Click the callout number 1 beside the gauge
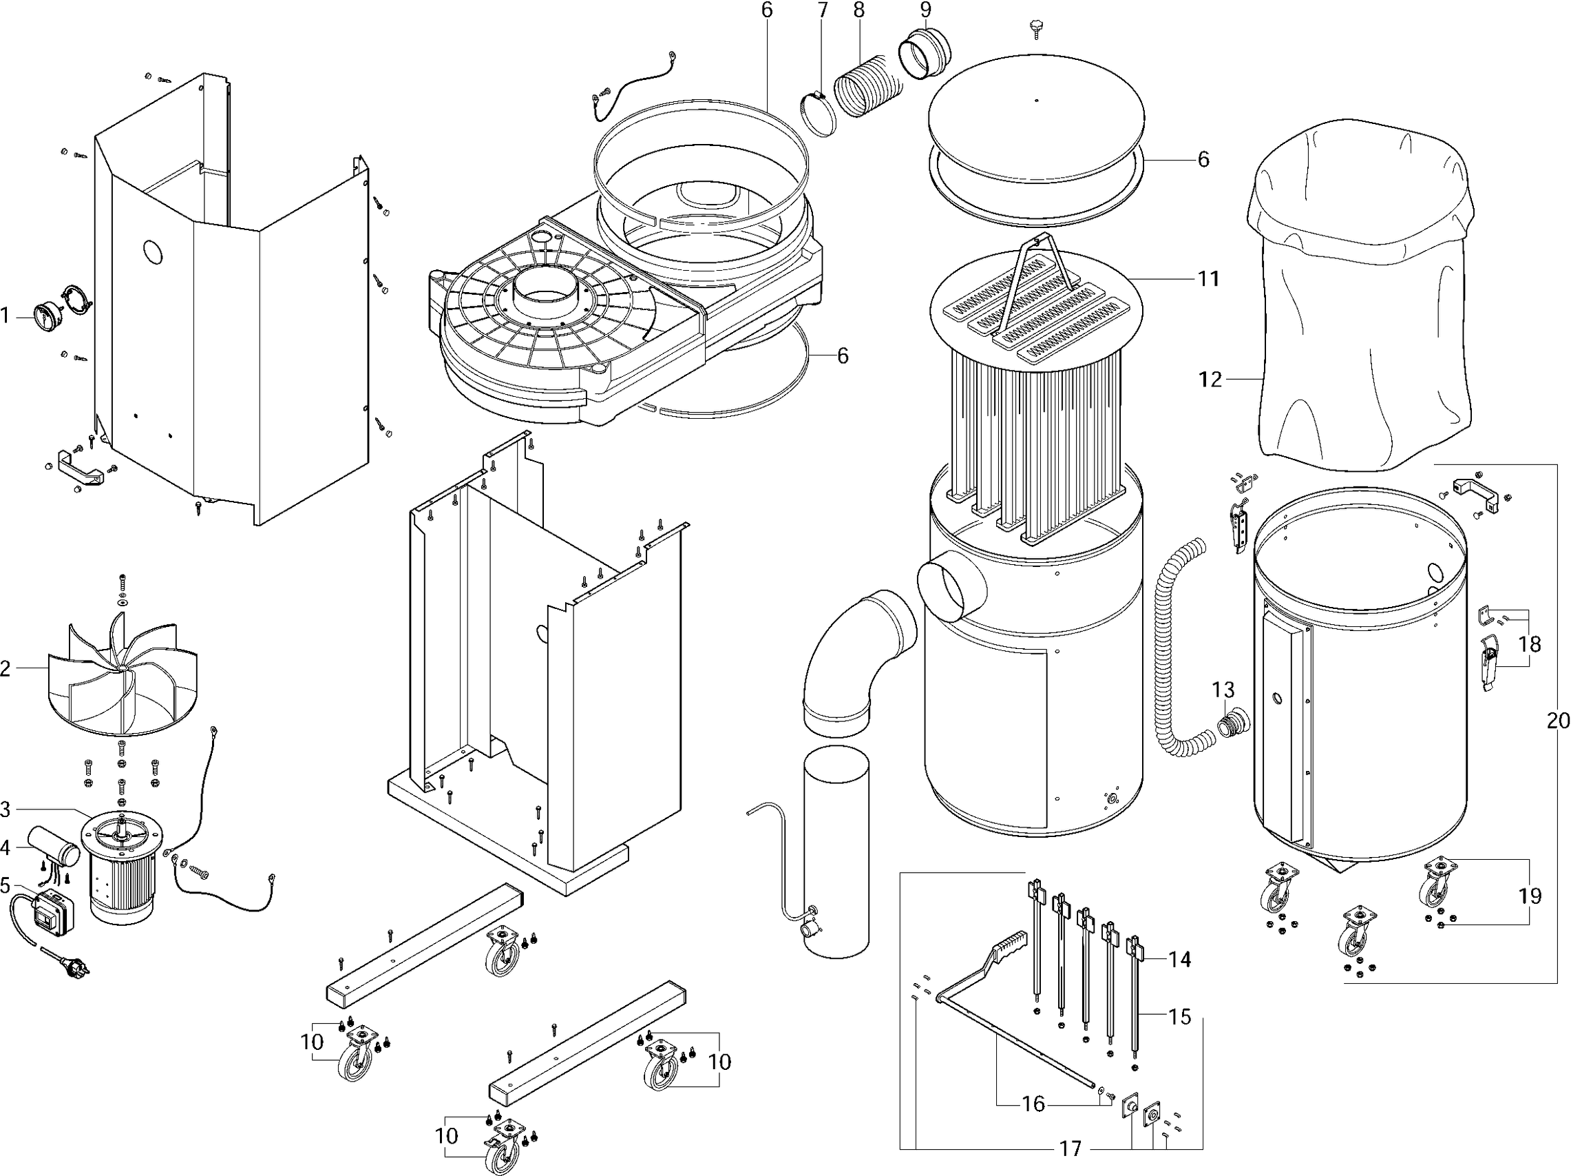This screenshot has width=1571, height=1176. tap(6, 315)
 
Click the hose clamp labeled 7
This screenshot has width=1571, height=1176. tap(817, 114)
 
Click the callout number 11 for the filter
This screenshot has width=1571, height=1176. tap(1208, 278)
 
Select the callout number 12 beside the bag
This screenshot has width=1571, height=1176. tap(1210, 380)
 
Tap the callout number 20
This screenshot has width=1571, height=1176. tap(1558, 721)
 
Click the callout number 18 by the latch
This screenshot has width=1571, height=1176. tap(1530, 643)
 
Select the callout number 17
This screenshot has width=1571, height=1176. tap(1071, 1148)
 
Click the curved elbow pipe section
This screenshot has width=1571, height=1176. tap(856, 654)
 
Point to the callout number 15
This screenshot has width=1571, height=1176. tap(1180, 1016)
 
